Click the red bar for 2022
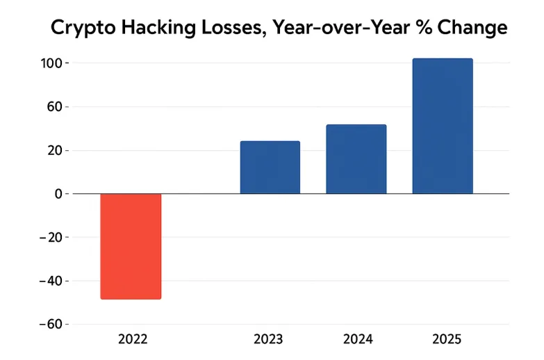(x=131, y=246)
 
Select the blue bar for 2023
(x=270, y=167)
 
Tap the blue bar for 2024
(x=356, y=159)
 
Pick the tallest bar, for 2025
(x=443, y=126)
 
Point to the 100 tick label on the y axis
(x=53, y=63)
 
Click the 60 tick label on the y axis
(x=56, y=107)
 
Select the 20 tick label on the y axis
(x=56, y=151)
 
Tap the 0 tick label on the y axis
(x=58, y=194)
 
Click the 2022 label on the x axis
(x=133, y=340)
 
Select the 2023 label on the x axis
(x=268, y=340)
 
